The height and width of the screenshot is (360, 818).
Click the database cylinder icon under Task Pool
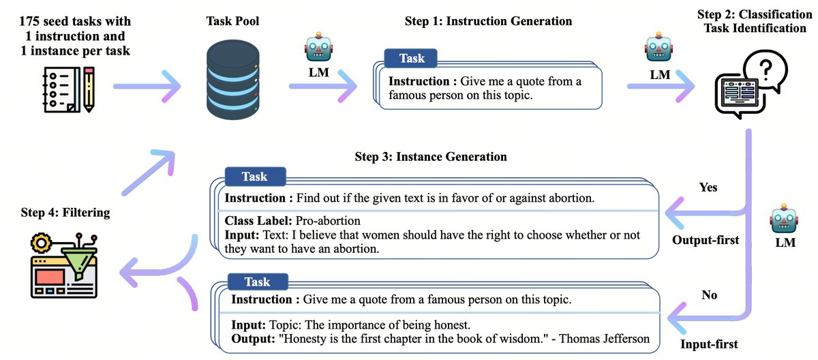pyautogui.click(x=233, y=80)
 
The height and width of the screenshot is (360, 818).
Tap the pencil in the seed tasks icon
pyautogui.click(x=89, y=89)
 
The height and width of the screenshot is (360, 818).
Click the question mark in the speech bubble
pyautogui.click(x=766, y=70)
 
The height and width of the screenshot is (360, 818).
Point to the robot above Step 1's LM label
pyautogui.click(x=318, y=47)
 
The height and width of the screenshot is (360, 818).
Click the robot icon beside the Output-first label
pyautogui.click(x=784, y=219)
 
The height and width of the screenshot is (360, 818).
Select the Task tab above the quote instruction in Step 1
pyautogui.click(x=411, y=59)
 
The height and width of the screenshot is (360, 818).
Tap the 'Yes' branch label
pyautogui.click(x=708, y=187)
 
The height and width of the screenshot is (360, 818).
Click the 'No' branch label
pyautogui.click(x=709, y=295)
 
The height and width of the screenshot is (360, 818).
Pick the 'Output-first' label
pyautogui.click(x=706, y=240)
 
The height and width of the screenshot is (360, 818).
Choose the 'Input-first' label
pyautogui.click(x=709, y=344)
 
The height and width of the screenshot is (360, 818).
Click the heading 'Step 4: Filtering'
pyautogui.click(x=65, y=213)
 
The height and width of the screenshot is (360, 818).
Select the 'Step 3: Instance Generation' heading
pyautogui.click(x=431, y=157)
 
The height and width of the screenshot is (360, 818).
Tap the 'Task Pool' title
pyautogui.click(x=232, y=21)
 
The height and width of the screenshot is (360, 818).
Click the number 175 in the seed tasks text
pyautogui.click(x=29, y=21)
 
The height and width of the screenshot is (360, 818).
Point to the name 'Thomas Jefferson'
pyautogui.click(x=605, y=338)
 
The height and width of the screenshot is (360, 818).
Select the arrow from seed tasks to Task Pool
pyautogui.click(x=147, y=87)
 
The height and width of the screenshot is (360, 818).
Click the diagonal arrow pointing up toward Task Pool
pyautogui.click(x=149, y=172)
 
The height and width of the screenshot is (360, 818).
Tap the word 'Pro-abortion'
pyautogui.click(x=328, y=220)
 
